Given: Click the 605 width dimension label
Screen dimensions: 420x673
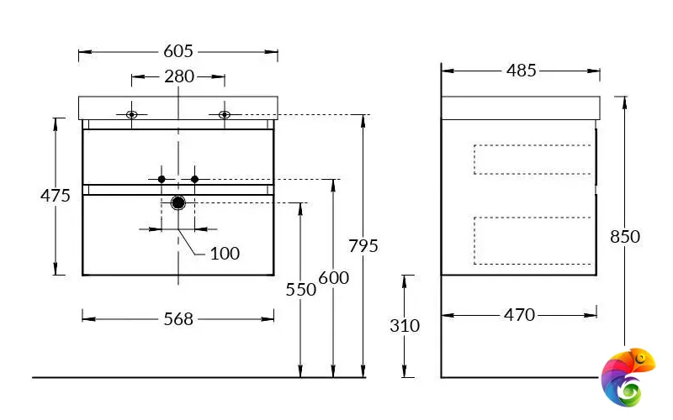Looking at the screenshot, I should pyautogui.click(x=178, y=51).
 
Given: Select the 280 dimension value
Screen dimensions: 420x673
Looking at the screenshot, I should pyautogui.click(x=178, y=77).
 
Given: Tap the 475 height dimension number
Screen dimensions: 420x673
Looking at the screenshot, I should pyautogui.click(x=56, y=196).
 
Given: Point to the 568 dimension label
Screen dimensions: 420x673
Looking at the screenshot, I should pyautogui.click(x=178, y=318).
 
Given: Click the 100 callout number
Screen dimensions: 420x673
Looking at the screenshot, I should pyautogui.click(x=225, y=253).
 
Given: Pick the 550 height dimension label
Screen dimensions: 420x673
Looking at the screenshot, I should pyautogui.click(x=300, y=290).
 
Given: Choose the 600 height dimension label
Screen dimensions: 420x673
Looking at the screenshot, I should pyautogui.click(x=333, y=278).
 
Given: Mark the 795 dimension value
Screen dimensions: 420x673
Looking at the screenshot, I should pyautogui.click(x=363, y=246).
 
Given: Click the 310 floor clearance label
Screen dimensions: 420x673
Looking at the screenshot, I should pyautogui.click(x=405, y=326).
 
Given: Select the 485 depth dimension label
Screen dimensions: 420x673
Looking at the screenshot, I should pyautogui.click(x=521, y=71).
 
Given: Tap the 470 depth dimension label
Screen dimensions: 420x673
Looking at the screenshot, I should pyautogui.click(x=519, y=315).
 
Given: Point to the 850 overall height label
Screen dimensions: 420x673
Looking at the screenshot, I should pyautogui.click(x=625, y=237).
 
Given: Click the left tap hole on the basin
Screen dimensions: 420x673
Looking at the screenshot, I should pyautogui.click(x=131, y=114).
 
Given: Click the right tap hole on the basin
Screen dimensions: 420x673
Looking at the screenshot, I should pyautogui.click(x=225, y=114).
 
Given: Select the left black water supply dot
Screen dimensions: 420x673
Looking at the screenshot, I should pyautogui.click(x=162, y=179).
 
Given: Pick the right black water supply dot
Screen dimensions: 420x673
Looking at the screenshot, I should pyautogui.click(x=194, y=179).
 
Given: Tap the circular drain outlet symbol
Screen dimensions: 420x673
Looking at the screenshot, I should pyautogui.click(x=178, y=202).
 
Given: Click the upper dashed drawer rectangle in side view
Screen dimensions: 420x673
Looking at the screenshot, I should pyautogui.click(x=533, y=160).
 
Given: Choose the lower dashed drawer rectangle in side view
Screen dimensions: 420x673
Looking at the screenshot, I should pyautogui.click(x=533, y=239).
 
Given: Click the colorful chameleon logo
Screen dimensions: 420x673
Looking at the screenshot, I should pyautogui.click(x=627, y=375).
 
